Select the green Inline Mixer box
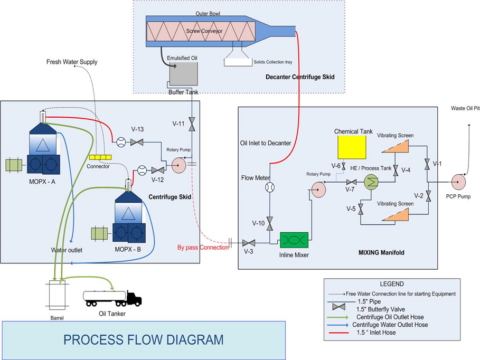294,241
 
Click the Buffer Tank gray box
183,72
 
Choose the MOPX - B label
129,245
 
